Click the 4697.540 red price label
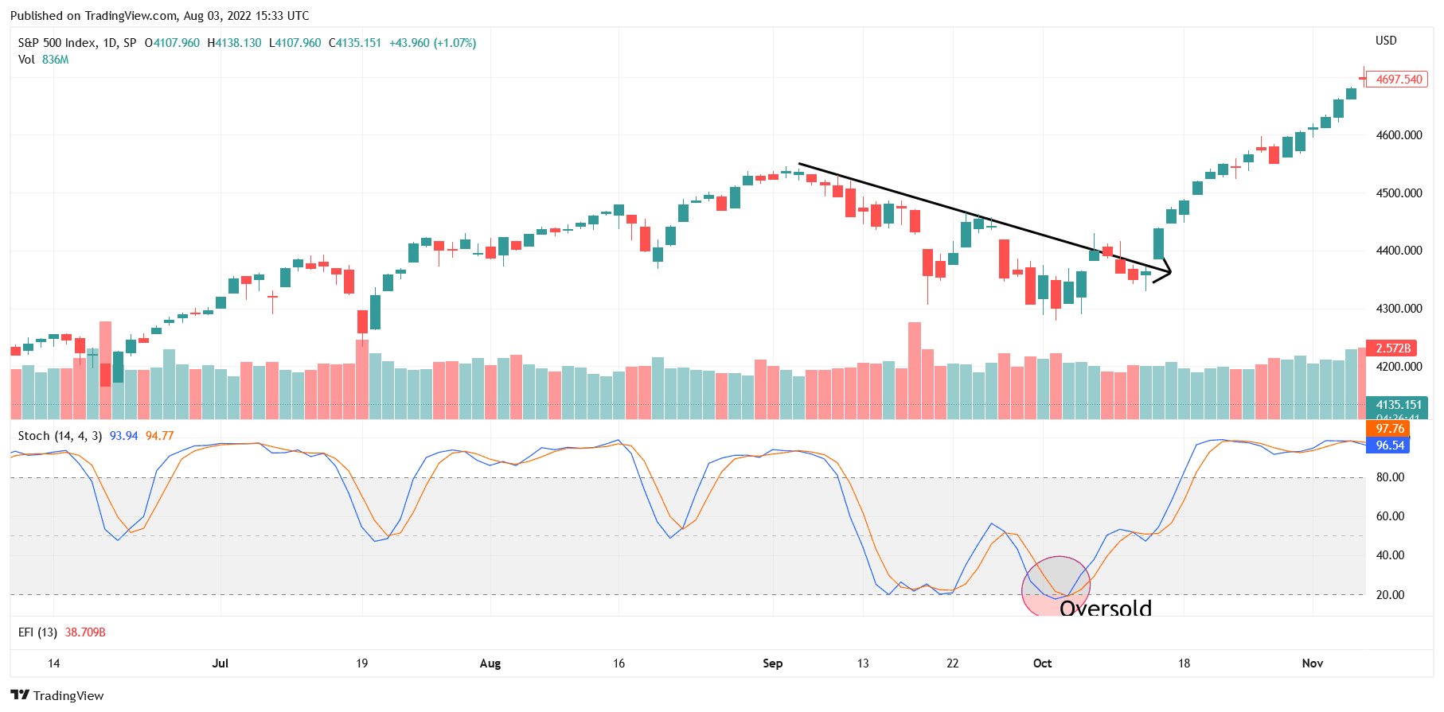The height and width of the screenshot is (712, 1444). [x=1399, y=80]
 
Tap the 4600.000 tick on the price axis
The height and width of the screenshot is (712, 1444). [x=1399, y=135]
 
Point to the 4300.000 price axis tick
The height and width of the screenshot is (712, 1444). [x=1399, y=309]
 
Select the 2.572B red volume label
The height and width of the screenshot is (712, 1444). [x=1393, y=348]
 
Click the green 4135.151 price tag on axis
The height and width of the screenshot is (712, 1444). [x=1399, y=405]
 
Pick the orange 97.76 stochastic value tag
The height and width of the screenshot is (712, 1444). [x=1390, y=429]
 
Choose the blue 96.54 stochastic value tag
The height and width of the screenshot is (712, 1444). [x=1390, y=445]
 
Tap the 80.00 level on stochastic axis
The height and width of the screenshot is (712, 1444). [x=1390, y=477]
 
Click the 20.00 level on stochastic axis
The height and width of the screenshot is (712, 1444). [x=1390, y=595]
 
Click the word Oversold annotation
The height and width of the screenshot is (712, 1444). [x=1106, y=609]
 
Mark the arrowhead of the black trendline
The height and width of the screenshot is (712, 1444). [x=1169, y=273]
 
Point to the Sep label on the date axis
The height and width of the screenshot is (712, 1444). [x=772, y=663]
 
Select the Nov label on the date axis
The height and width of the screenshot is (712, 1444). [x=1312, y=663]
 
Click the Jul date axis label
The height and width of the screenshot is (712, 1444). [x=220, y=663]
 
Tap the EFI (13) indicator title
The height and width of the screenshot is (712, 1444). [x=37, y=632]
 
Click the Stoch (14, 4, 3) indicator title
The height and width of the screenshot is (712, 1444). [x=60, y=436]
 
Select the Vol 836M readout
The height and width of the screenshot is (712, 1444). [x=43, y=60]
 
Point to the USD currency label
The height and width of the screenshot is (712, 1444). [x=1386, y=41]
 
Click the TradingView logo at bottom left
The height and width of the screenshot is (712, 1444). [x=57, y=695]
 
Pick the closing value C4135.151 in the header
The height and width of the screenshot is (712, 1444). [x=355, y=43]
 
